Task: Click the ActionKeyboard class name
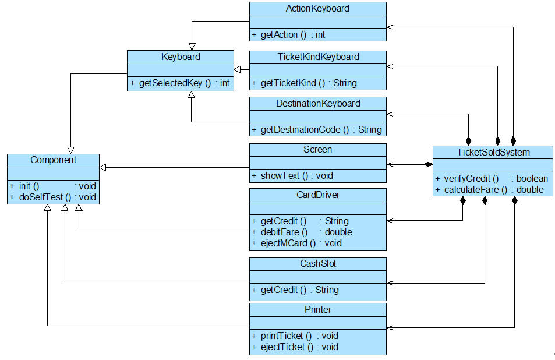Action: [317, 9]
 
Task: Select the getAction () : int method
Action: [289, 35]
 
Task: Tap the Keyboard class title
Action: [181, 57]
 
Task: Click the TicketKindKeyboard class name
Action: [317, 57]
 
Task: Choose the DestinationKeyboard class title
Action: [317, 104]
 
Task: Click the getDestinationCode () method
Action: [309, 129]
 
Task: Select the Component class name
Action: [53, 160]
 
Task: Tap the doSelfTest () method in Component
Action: [52, 197]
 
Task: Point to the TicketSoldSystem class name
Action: [493, 153]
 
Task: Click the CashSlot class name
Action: [317, 264]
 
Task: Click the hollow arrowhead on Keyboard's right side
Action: [238, 70]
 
